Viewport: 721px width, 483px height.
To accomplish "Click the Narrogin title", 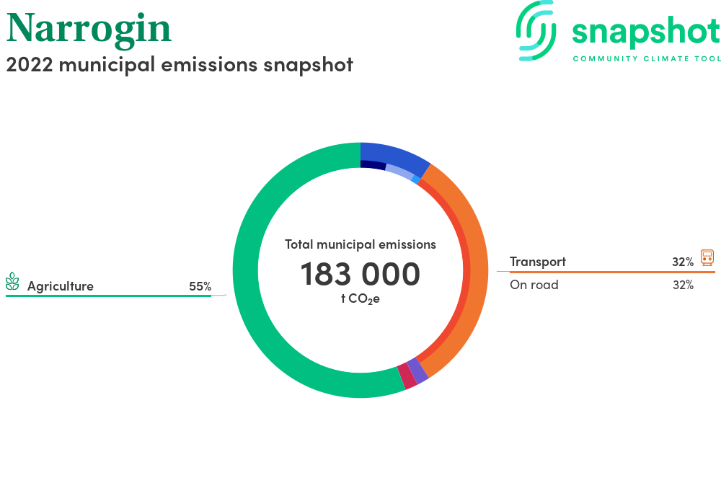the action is point(89,30).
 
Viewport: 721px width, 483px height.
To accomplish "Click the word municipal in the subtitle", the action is point(107,66).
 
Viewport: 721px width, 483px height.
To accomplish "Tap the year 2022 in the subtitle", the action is point(30,65).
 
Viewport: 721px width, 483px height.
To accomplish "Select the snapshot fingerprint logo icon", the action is point(536,31).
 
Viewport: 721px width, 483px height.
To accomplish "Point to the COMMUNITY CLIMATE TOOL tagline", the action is point(647,59).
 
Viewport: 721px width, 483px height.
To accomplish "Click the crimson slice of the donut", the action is point(407,376).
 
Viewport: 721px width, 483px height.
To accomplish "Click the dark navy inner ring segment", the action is point(373,164).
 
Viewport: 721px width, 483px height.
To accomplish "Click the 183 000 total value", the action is point(360,274).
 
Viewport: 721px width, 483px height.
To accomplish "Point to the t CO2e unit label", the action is point(360,299).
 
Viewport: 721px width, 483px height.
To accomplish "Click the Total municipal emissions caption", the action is point(360,244).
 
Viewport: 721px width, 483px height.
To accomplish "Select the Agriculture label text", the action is point(61,286).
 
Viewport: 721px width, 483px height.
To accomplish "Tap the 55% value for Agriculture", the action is point(200,286).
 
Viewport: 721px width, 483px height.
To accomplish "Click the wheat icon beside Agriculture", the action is point(12,281).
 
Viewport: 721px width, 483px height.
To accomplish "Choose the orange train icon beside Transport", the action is point(707,257).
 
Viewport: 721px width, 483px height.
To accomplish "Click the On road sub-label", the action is point(534,285).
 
